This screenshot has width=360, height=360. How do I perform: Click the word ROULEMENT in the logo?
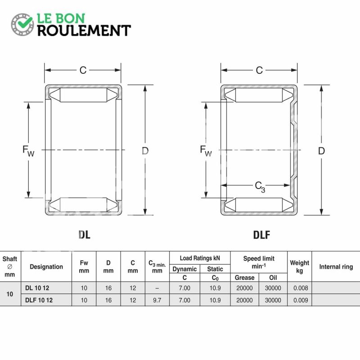[x=84, y=31]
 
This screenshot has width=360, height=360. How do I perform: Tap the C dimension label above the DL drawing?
[x=83, y=70]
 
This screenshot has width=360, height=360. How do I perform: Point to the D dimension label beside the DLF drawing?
[x=321, y=151]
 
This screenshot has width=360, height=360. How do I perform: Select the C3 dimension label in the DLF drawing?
[x=260, y=187]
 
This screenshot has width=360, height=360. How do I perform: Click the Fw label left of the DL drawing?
[x=28, y=151]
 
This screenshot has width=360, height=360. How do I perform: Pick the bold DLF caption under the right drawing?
[x=261, y=235]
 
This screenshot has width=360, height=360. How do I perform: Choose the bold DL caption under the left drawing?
[x=84, y=234]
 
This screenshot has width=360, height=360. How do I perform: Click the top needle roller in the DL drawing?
[x=83, y=95]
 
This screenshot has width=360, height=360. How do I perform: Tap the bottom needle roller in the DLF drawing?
[x=259, y=205]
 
